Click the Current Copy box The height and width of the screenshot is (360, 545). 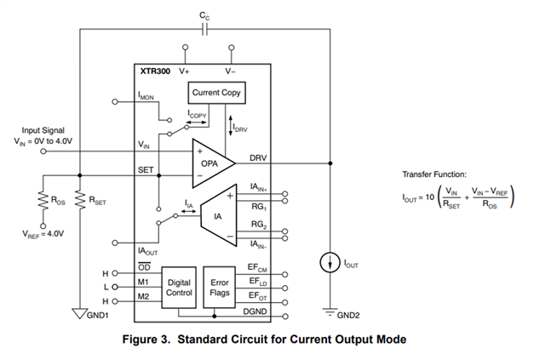tap(216, 93)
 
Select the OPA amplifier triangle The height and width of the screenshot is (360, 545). tap(213, 163)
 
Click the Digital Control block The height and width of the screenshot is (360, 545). tap(179, 288)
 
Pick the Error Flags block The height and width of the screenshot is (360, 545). tap(220, 288)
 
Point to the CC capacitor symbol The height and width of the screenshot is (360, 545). tap(204, 30)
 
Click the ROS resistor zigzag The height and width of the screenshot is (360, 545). tap(43, 201)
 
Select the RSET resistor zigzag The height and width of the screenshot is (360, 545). tap(80, 201)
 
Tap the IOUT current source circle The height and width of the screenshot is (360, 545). tap(330, 263)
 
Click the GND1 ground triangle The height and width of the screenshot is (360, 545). tap(79, 313)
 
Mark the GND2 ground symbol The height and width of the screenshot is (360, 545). tap(330, 312)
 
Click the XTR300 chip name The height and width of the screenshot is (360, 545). tap(155, 71)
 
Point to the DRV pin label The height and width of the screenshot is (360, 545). tap(258, 158)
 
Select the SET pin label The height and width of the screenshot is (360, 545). tap(146, 170)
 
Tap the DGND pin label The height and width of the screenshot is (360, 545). tap(255, 311)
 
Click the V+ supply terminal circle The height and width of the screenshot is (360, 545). tap(186, 48)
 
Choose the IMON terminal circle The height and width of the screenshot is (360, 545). tap(115, 102)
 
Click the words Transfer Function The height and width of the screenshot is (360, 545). tap(434, 174)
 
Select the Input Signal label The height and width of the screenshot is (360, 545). tap(43, 130)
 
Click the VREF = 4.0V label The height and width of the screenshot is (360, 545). tap(43, 234)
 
